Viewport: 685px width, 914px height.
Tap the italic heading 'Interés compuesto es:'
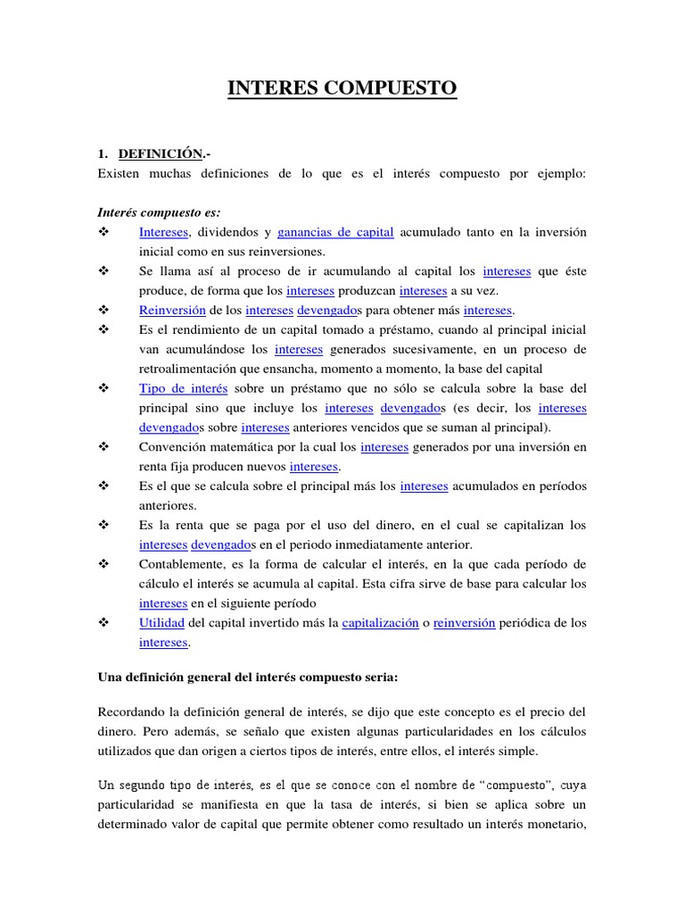click(159, 212)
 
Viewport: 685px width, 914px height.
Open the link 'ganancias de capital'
click(335, 232)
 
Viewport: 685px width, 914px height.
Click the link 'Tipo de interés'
click(184, 388)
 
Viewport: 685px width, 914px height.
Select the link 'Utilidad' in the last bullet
click(161, 623)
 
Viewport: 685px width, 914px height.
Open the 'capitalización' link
click(380, 623)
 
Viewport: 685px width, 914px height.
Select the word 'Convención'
click(173, 446)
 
